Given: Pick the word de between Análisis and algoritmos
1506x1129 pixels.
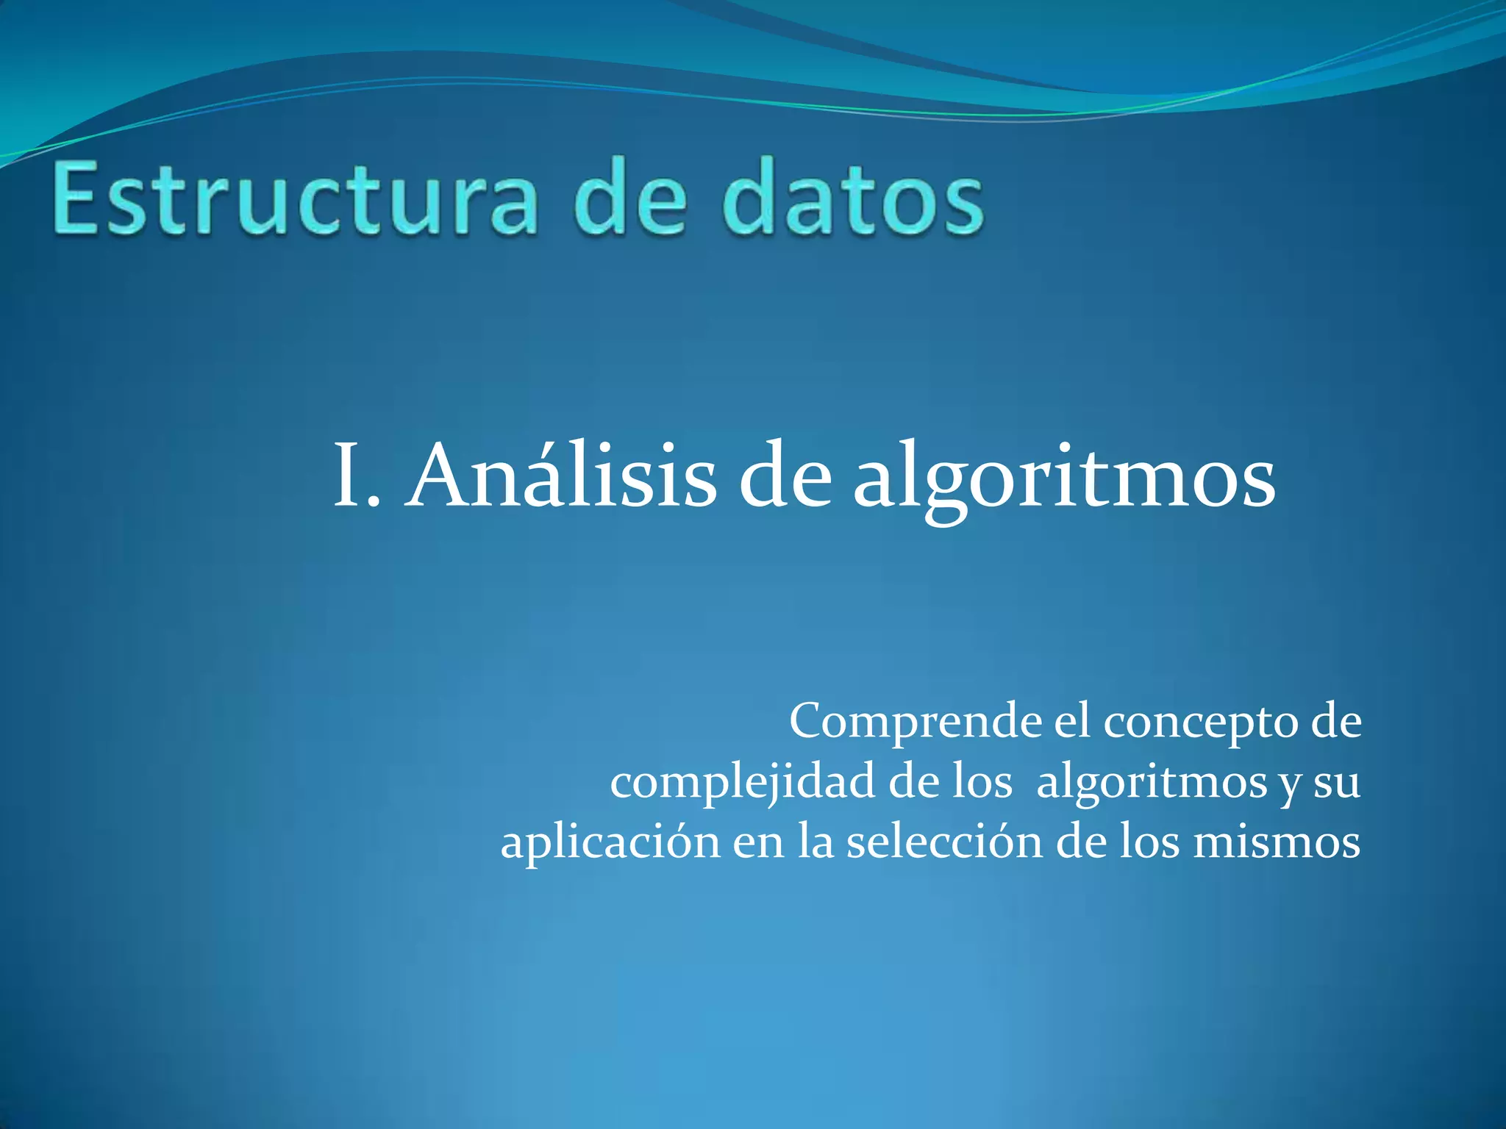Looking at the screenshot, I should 784,476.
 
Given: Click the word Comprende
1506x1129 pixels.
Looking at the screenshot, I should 915,723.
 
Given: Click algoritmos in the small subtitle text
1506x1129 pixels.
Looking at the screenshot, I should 1152,784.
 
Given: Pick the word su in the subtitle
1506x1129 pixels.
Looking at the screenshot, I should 1336,784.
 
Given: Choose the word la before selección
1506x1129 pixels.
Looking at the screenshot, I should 816,841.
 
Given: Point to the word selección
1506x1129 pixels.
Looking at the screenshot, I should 944,841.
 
